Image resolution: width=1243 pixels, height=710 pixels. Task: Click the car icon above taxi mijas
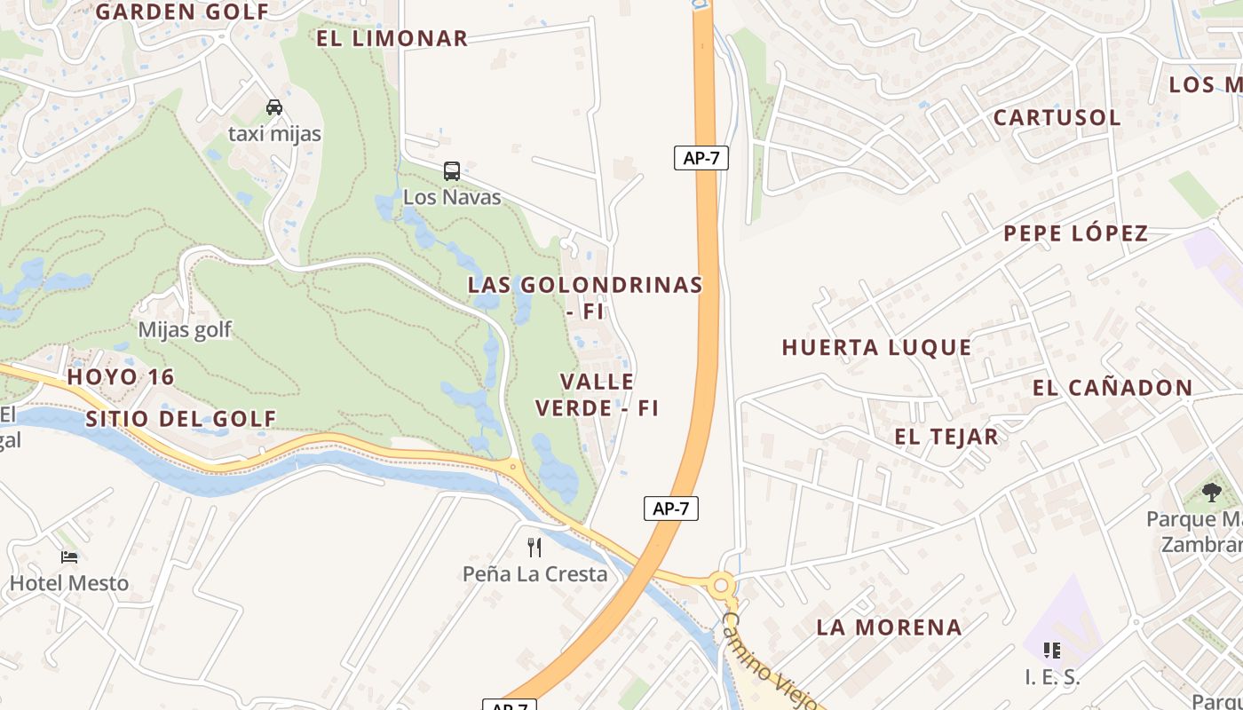click(274, 107)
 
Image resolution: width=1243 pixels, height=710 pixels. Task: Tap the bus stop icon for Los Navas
click(452, 170)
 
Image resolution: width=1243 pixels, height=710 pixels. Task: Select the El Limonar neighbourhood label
click(392, 38)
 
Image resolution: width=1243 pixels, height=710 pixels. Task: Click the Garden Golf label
click(182, 12)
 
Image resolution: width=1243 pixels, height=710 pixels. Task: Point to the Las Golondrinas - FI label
click(586, 297)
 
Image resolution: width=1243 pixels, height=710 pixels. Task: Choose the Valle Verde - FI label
click(598, 394)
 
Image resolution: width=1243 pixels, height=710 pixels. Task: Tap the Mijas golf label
click(185, 329)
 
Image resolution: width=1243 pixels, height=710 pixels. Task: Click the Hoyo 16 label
click(121, 376)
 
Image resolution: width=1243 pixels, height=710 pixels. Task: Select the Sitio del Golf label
click(181, 419)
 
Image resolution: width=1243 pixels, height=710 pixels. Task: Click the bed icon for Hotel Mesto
click(69, 557)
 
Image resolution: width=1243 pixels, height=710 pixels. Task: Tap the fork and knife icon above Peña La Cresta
click(534, 547)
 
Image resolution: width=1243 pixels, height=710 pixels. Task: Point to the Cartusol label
click(1057, 117)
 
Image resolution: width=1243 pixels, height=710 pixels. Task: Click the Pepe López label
click(1076, 233)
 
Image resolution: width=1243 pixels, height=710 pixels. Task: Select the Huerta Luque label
click(876, 347)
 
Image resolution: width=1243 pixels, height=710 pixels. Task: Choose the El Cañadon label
click(1112, 387)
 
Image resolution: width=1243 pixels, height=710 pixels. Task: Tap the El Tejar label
click(946, 436)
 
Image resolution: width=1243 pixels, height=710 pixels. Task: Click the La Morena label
click(889, 627)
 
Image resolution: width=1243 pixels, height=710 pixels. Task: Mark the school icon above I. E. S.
click(1052, 651)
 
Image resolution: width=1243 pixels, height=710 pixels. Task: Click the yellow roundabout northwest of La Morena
click(721, 585)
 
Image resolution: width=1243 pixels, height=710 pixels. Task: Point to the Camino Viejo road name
click(768, 661)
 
